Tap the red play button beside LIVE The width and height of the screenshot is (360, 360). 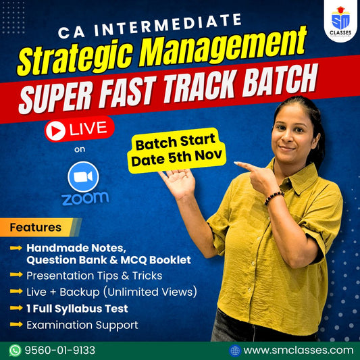(55, 130)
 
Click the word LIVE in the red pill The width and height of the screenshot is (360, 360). (88, 130)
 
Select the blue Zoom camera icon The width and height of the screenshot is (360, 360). (84, 176)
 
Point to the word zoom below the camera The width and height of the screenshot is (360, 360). (84, 199)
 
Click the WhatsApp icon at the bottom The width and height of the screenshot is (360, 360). (16, 350)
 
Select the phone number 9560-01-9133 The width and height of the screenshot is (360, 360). (60, 350)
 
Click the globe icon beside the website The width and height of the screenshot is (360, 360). (234, 350)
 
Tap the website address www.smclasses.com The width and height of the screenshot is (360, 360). (298, 350)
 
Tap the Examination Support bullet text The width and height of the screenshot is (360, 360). (82, 325)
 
